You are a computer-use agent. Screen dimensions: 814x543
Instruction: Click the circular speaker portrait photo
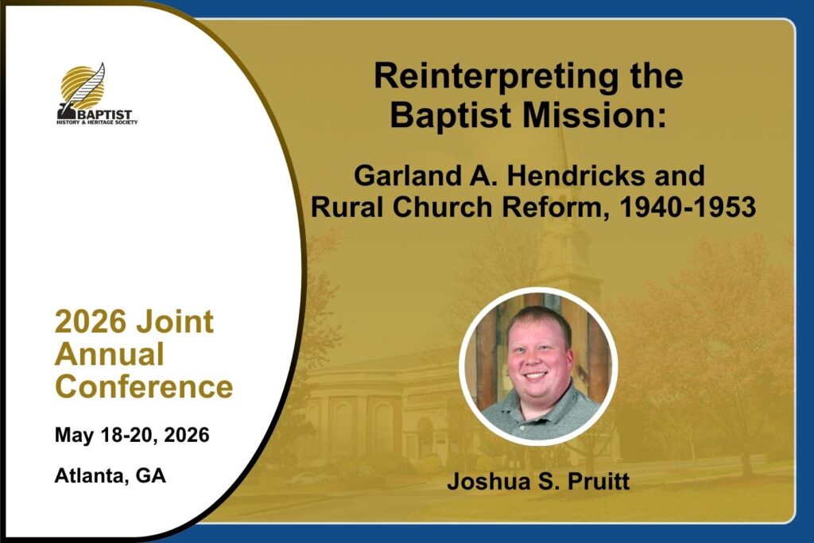pos(538,366)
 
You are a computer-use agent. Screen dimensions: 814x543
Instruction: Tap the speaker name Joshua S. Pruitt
pos(538,481)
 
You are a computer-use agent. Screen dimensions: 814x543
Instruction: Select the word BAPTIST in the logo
pos(104,114)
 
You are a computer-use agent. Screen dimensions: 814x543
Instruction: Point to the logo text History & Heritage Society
pos(97,122)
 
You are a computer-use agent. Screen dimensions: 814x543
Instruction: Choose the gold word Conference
pos(145,386)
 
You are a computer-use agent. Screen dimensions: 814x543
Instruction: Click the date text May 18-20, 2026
pos(132,435)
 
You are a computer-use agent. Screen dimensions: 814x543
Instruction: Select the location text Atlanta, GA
pos(110,475)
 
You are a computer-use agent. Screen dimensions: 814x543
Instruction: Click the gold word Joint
pos(174,321)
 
